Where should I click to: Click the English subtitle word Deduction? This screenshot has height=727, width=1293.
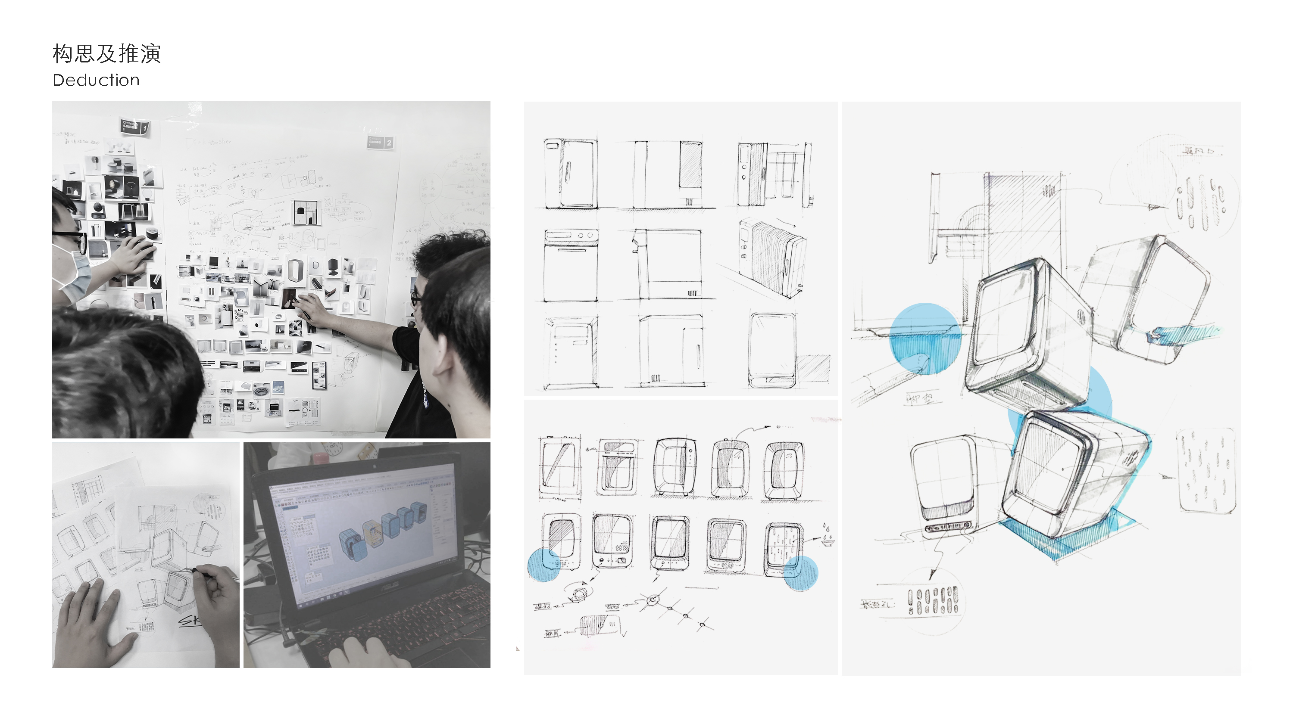click(96, 80)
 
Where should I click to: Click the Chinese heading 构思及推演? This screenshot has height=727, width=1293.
click(106, 54)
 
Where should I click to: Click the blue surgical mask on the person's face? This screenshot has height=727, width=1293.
click(77, 273)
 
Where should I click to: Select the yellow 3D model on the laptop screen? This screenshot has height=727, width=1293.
click(372, 532)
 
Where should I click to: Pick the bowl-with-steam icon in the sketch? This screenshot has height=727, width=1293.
click(827, 534)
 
